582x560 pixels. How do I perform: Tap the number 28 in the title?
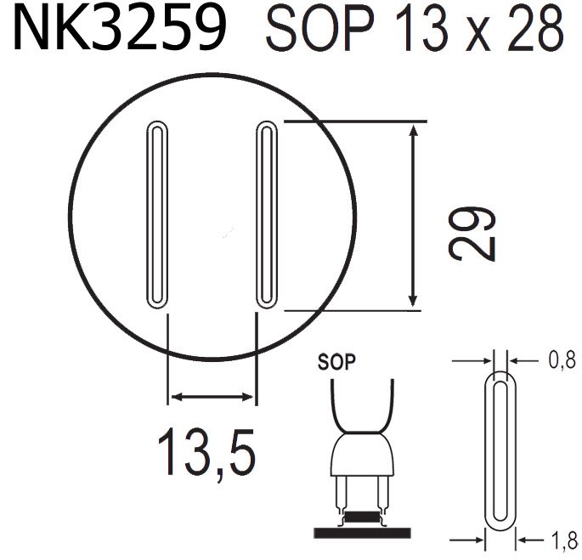click(x=533, y=31)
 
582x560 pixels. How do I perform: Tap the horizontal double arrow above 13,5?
click(x=212, y=396)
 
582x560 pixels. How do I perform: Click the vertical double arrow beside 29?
click(x=414, y=214)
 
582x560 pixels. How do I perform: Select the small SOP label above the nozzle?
click(x=336, y=360)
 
